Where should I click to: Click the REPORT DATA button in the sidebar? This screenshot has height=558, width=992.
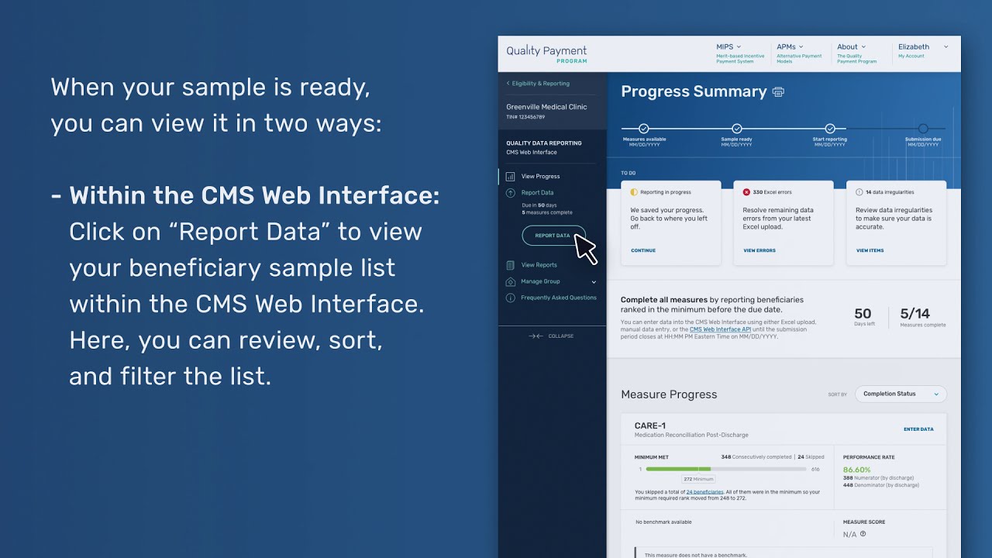click(x=553, y=236)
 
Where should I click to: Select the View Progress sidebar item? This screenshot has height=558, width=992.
click(x=540, y=177)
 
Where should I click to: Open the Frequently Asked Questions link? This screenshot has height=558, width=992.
click(x=558, y=298)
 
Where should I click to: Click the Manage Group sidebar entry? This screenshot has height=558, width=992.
click(x=540, y=281)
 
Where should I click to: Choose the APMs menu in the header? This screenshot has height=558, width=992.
click(x=790, y=46)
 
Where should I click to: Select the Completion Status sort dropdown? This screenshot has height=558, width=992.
click(x=901, y=394)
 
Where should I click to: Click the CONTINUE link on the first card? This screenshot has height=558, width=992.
click(x=643, y=250)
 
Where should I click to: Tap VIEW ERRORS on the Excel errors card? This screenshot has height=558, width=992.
click(x=759, y=250)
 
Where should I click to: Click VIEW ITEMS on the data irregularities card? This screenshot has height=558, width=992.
click(x=870, y=250)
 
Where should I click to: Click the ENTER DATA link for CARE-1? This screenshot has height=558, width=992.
click(x=918, y=429)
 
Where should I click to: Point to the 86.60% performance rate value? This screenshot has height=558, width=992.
click(x=856, y=470)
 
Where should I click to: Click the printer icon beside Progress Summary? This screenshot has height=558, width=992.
click(x=778, y=92)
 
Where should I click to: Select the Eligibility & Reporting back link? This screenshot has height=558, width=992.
click(x=540, y=84)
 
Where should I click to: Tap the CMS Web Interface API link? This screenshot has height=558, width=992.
click(x=720, y=329)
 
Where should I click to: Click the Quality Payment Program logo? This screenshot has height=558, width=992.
click(x=546, y=53)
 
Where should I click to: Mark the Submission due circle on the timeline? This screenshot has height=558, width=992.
click(x=923, y=129)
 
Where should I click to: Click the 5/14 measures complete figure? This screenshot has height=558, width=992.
click(x=914, y=314)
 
